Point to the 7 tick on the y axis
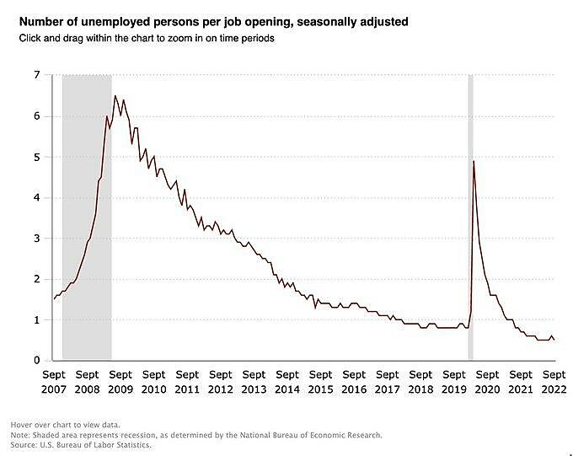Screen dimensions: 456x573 (x=36, y=75)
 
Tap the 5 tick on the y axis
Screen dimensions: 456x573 (x=36, y=157)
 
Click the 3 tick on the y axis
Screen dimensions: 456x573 (x=36, y=239)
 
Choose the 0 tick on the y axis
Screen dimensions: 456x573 (x=36, y=361)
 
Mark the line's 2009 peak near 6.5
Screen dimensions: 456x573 (x=115, y=96)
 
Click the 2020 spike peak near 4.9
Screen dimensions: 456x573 (x=474, y=161)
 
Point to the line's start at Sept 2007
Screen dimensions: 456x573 (x=54, y=299)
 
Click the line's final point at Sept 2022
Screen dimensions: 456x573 (x=554, y=340)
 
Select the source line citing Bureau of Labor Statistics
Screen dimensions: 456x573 (x=81, y=444)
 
